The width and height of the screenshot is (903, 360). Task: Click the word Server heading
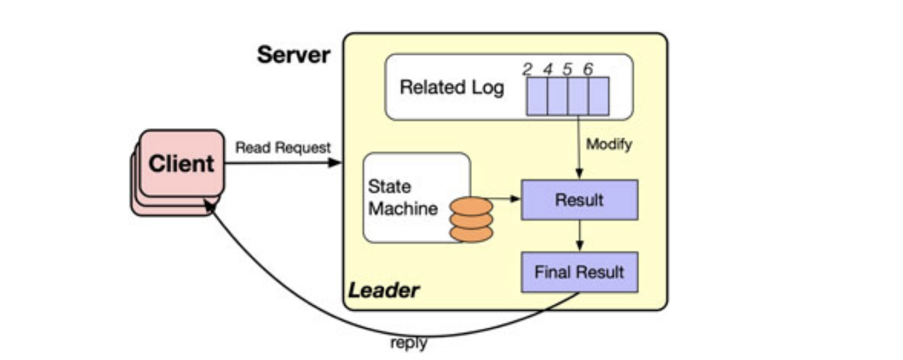tap(294, 55)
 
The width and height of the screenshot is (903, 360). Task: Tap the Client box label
tap(181, 164)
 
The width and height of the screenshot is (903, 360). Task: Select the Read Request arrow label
tap(283, 148)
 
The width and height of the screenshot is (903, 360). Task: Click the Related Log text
tap(451, 88)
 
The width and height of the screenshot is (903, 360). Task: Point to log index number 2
tap(528, 68)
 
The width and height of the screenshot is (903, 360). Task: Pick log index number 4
tap(548, 68)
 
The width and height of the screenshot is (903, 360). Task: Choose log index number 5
tap(568, 68)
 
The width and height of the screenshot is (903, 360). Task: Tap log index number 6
tap(588, 68)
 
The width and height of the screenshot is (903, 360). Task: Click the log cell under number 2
tap(537, 95)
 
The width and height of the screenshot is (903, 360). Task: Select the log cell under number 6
tap(598, 95)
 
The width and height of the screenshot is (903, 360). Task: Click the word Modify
tap(609, 144)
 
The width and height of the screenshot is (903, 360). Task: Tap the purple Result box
tap(579, 200)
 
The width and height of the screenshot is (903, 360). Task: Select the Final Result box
tap(579, 272)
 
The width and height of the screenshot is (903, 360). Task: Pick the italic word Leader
tap(384, 291)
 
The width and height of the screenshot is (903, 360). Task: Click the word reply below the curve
tap(409, 343)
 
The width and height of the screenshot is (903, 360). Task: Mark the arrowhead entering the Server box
tap(336, 162)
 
